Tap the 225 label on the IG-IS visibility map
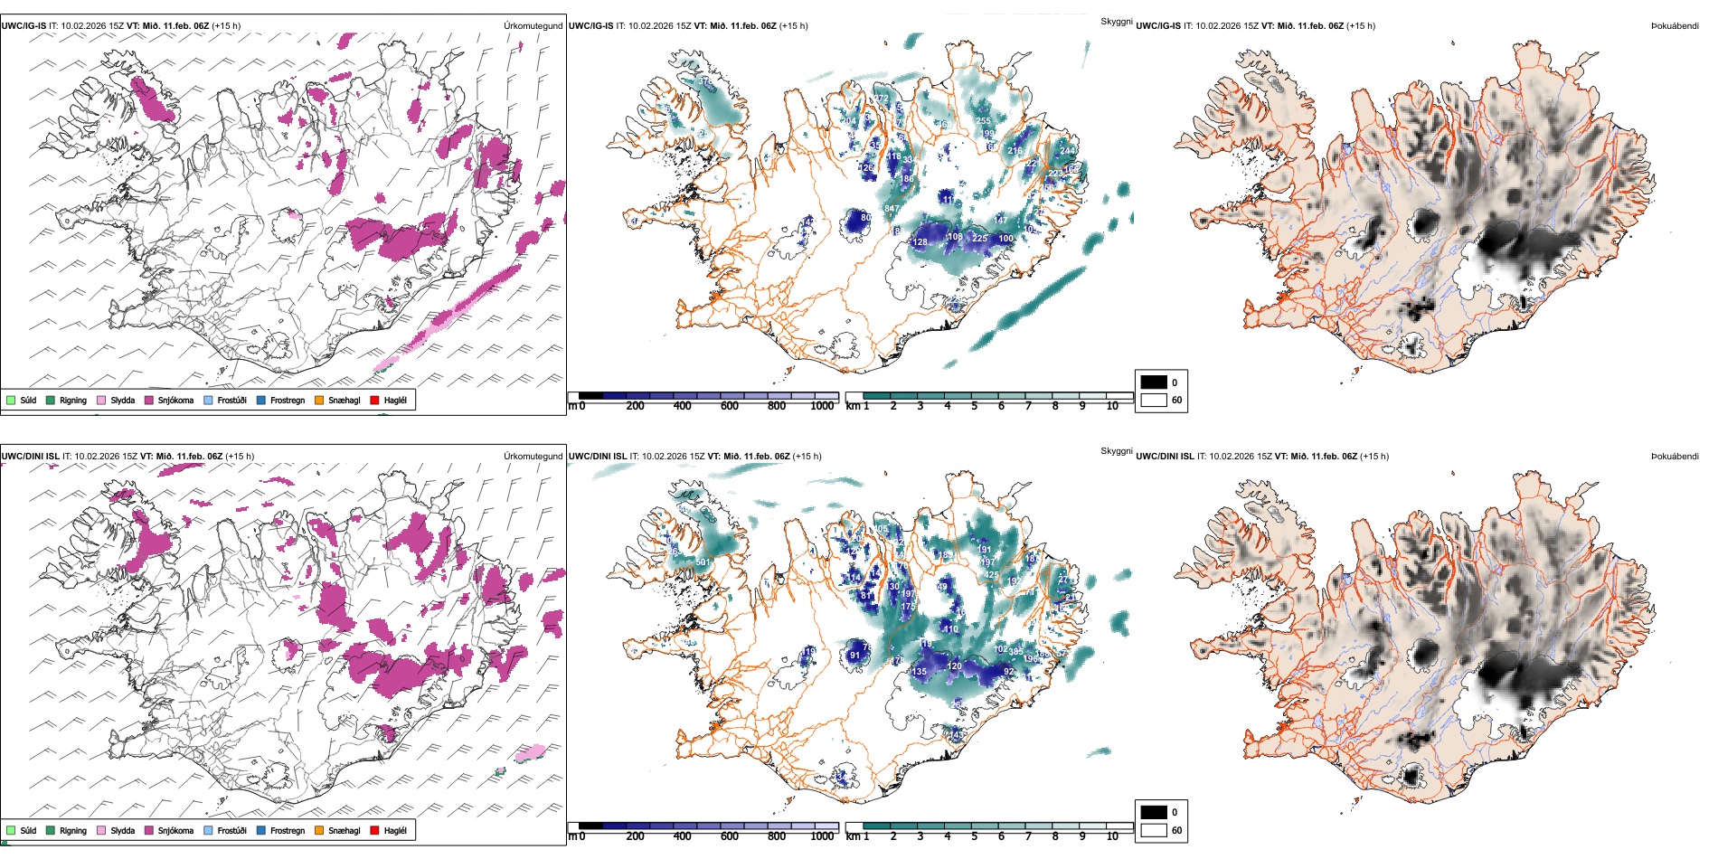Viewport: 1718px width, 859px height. point(979,239)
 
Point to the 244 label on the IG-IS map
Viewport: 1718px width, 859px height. point(1068,151)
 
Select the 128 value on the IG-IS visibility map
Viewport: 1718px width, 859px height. point(920,242)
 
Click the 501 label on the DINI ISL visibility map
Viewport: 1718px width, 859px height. point(703,562)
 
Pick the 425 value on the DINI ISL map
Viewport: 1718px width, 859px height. point(991,575)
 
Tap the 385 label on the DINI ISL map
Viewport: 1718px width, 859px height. point(1016,651)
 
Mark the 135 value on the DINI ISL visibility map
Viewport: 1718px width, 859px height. point(919,672)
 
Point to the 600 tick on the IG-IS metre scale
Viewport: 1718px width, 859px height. point(730,406)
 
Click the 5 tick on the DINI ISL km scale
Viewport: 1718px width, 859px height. point(974,836)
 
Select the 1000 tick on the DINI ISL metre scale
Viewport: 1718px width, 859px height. point(822,836)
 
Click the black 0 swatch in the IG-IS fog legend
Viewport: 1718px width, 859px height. point(1154,382)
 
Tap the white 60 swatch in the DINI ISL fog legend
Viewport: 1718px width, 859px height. point(1154,830)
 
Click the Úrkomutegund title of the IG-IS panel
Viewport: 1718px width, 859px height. point(533,26)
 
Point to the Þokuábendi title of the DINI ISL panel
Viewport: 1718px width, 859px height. point(1675,457)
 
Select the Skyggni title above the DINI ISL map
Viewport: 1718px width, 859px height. point(1117,451)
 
